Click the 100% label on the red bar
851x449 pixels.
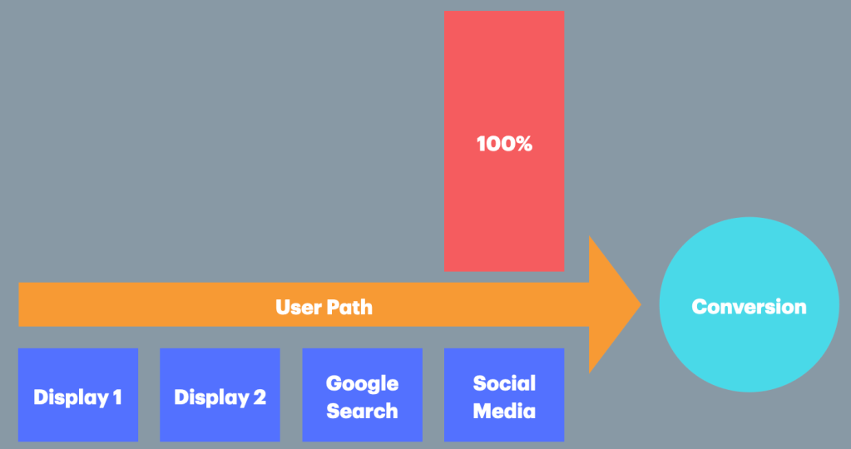(503, 144)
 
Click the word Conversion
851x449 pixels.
(749, 307)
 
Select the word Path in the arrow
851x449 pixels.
(349, 307)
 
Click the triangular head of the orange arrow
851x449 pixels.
(611, 304)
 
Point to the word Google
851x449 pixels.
(362, 384)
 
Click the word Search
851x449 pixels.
(362, 411)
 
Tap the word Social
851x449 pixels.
(504, 384)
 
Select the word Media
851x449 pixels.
(504, 411)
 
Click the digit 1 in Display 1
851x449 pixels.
(116, 397)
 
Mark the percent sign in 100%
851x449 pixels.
(522, 144)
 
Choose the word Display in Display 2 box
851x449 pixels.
(211, 397)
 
